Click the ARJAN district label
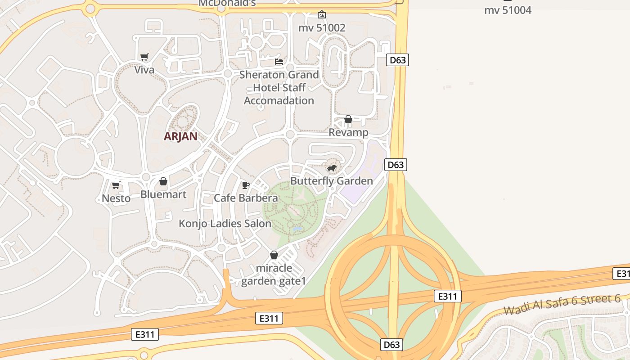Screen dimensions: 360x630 coord(180,136)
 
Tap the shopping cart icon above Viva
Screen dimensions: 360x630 coord(144,57)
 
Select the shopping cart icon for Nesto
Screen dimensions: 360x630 coord(116,185)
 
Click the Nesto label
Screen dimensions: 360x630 coord(116,198)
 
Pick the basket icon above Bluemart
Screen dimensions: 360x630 coord(163,181)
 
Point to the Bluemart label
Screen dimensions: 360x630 coord(163,194)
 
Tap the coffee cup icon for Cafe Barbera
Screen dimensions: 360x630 coord(245,185)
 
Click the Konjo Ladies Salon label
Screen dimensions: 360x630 coord(225,224)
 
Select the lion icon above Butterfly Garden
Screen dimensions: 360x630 coord(332,168)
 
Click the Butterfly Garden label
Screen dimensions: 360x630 coord(332,181)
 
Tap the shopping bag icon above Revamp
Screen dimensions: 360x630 coord(348,119)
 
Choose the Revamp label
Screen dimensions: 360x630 coord(348,133)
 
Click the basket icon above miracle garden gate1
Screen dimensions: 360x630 coord(274,255)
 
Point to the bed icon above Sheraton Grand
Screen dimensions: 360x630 coord(279,61)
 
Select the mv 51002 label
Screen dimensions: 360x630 coord(322,28)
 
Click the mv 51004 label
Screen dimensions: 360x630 coord(508,10)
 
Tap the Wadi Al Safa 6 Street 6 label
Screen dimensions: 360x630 coord(562,305)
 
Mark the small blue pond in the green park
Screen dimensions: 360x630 coord(297,229)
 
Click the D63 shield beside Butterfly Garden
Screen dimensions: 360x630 coord(396,165)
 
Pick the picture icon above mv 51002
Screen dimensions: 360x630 coord(321,14)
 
